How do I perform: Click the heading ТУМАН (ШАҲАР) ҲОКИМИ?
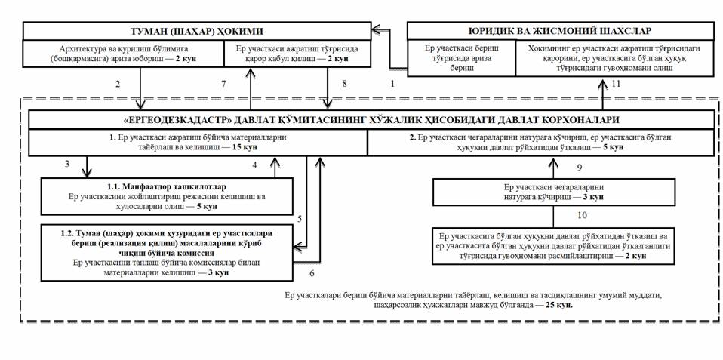[197, 31]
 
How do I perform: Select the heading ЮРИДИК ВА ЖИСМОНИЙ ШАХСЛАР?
[561, 31]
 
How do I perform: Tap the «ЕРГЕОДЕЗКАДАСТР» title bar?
[371, 120]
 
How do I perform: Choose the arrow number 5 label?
[300, 219]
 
